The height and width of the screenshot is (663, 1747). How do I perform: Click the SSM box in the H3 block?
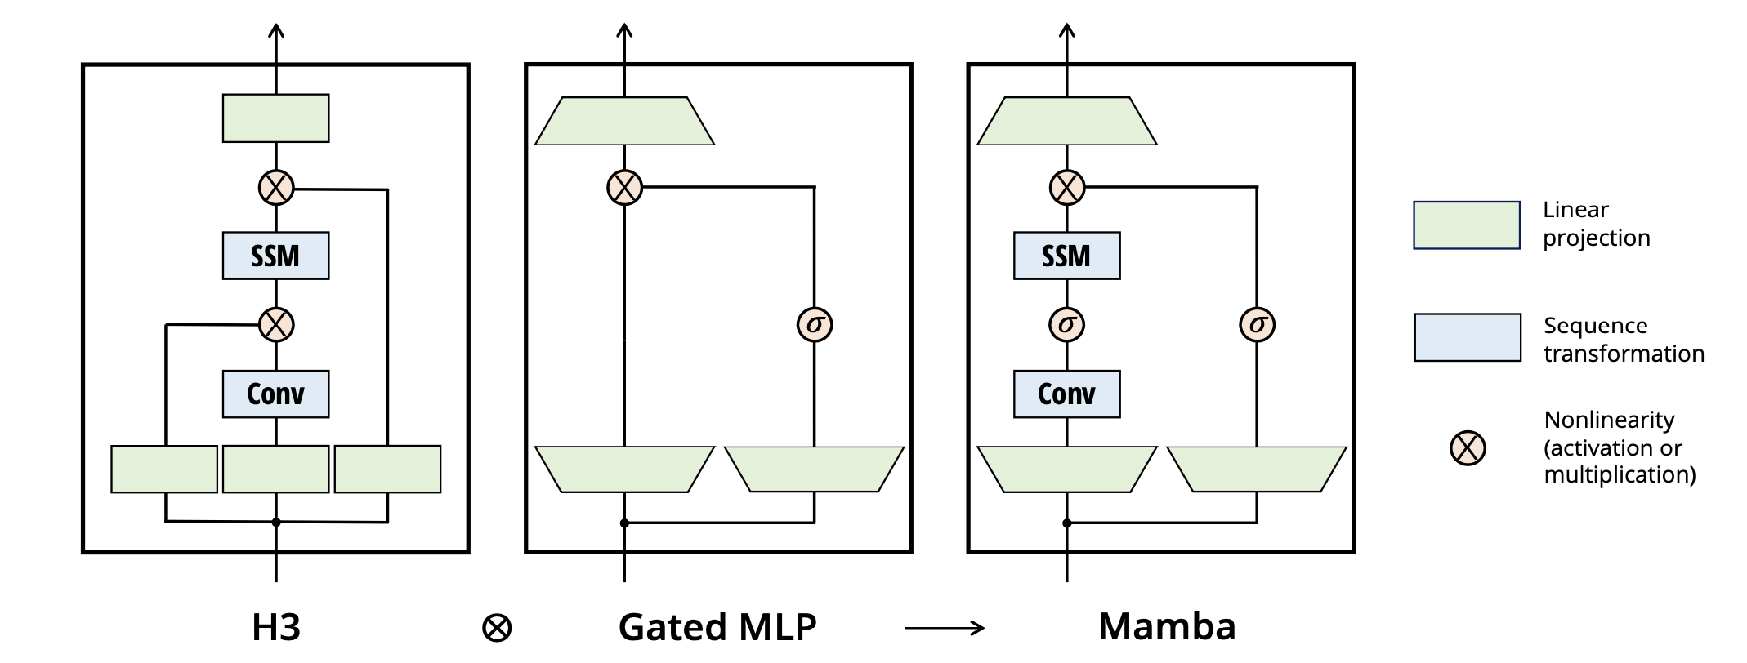[x=275, y=256]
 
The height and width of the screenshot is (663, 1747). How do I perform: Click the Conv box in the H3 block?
[x=275, y=394]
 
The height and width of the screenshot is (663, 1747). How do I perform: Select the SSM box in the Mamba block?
[x=1066, y=256]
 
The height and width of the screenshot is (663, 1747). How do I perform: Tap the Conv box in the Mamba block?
[x=1066, y=394]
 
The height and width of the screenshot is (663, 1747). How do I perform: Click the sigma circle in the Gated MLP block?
[x=814, y=324]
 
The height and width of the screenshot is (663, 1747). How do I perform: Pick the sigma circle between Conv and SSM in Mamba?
[x=1066, y=324]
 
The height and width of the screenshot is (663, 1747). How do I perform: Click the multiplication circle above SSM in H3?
[x=276, y=188]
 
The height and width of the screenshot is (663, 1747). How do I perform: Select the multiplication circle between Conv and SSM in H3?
[x=276, y=324]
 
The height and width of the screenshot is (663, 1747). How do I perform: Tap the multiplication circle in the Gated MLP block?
[x=624, y=187]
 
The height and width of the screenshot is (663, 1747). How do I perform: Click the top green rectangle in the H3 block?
[x=275, y=118]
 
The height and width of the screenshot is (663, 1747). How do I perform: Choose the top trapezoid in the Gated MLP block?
[x=624, y=122]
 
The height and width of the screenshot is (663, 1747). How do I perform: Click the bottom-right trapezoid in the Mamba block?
[x=1256, y=469]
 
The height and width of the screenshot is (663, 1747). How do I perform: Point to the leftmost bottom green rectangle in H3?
[x=164, y=469]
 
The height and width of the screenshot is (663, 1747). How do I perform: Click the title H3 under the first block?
[x=276, y=627]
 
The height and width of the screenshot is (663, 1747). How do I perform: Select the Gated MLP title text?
[x=717, y=627]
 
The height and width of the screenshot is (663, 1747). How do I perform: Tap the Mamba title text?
[x=1166, y=626]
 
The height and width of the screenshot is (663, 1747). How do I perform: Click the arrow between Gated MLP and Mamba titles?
[x=945, y=628]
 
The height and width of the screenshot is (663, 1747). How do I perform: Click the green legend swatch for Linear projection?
[x=1467, y=225]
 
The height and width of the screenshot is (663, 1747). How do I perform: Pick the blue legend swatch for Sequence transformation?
[x=1468, y=337]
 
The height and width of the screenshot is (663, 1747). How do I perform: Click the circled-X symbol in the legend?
[x=1468, y=447]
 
